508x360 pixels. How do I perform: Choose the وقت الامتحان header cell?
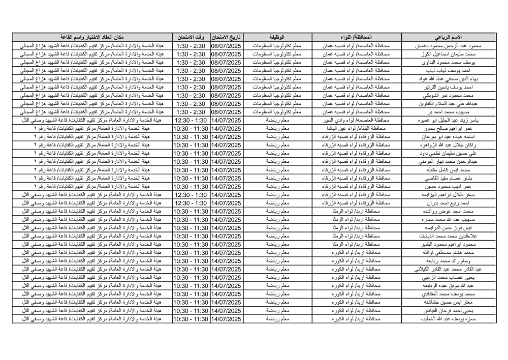(191, 38)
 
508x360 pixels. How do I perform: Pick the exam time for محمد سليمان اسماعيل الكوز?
(191, 54)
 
